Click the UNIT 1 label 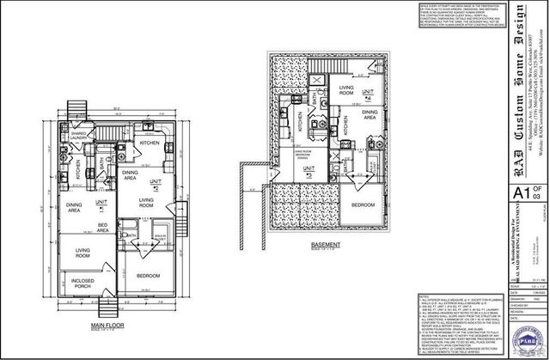101,202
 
